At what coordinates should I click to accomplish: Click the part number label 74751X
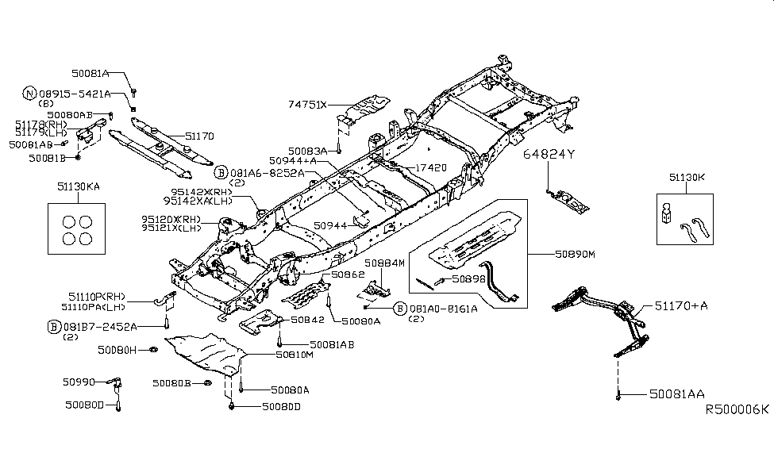pyautogui.click(x=311, y=104)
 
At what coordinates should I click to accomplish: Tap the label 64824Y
pyautogui.click(x=548, y=155)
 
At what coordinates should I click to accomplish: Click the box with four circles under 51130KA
pyautogui.click(x=78, y=228)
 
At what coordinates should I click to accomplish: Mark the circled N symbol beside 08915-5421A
pyautogui.click(x=29, y=94)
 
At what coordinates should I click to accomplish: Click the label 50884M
pyautogui.click(x=384, y=262)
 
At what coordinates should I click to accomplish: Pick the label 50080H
pyautogui.click(x=117, y=349)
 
